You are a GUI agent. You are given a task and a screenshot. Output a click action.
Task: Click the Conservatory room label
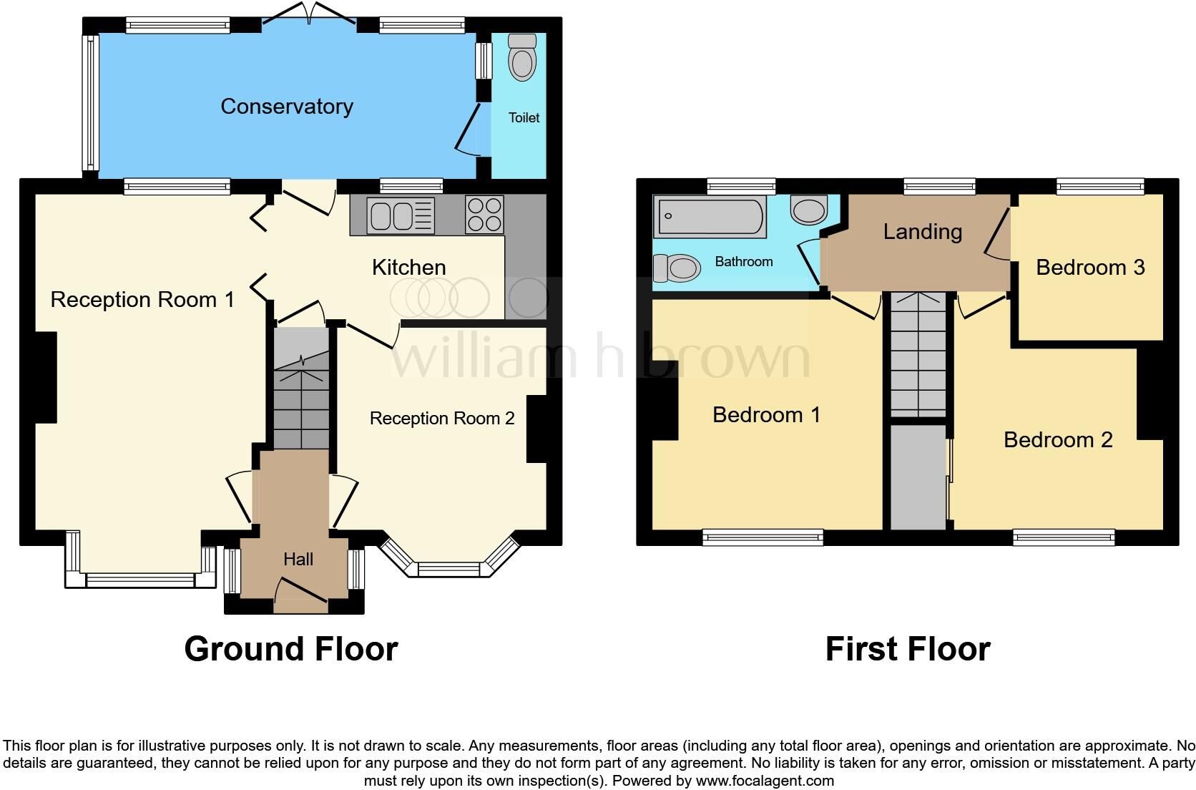coord(287,107)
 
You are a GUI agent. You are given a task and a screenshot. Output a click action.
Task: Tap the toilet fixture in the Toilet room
coord(522,57)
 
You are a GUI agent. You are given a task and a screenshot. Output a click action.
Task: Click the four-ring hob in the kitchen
coord(484,215)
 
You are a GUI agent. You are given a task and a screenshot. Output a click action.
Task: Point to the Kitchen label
coord(409,267)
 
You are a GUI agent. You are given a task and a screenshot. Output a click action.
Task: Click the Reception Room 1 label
coord(142,300)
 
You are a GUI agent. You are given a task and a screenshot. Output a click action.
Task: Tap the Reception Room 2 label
coord(442,418)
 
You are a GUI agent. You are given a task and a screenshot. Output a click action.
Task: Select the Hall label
coord(298,560)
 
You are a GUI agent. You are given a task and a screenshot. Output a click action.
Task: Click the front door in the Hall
coord(300,595)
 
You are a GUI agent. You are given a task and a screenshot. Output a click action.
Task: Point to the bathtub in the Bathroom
coord(710,216)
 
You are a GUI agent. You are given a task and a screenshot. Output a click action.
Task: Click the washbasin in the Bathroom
coord(809,210)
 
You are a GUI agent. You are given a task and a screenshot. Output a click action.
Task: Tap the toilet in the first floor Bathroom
coord(677,268)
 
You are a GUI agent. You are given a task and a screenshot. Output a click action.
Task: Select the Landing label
coord(923,231)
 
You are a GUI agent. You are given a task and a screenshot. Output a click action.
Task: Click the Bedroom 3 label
coord(1090,267)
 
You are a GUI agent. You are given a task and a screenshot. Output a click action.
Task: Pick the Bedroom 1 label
coord(766,415)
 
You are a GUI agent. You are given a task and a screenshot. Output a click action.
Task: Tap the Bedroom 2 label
coord(1058,439)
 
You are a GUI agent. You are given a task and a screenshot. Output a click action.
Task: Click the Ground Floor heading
coord(291,649)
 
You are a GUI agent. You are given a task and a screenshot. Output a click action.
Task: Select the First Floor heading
coord(908,649)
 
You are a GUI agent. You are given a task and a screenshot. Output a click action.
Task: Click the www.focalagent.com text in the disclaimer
coord(765,781)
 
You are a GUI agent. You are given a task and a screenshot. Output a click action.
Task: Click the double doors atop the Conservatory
coord(309,14)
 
